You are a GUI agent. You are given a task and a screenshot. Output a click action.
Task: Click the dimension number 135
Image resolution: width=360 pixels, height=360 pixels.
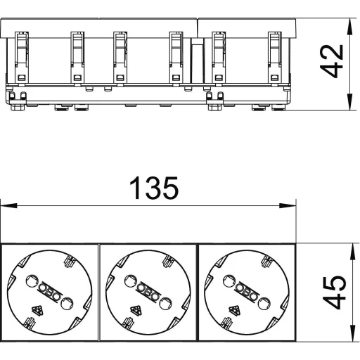(154, 188)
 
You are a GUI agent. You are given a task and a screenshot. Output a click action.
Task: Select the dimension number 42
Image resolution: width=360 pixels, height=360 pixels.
(332, 61)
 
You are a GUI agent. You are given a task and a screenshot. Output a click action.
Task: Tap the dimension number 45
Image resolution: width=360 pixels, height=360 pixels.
(335, 292)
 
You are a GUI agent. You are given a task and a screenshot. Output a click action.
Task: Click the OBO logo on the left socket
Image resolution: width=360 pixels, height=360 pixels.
(49, 292)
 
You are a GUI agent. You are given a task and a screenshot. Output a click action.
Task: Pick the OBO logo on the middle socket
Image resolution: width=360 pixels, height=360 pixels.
(148, 292)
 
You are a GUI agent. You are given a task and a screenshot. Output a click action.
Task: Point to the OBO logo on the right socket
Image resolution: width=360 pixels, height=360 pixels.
(247, 292)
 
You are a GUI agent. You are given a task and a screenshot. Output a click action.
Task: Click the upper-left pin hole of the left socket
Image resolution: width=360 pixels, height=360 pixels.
(32, 281)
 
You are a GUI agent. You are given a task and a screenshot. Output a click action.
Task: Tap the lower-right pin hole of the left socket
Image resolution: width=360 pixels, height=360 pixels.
(67, 304)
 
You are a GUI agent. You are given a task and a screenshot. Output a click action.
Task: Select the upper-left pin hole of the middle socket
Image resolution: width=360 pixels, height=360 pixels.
(130, 281)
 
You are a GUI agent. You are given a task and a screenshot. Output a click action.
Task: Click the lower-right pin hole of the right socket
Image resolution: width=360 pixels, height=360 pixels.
(264, 304)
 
